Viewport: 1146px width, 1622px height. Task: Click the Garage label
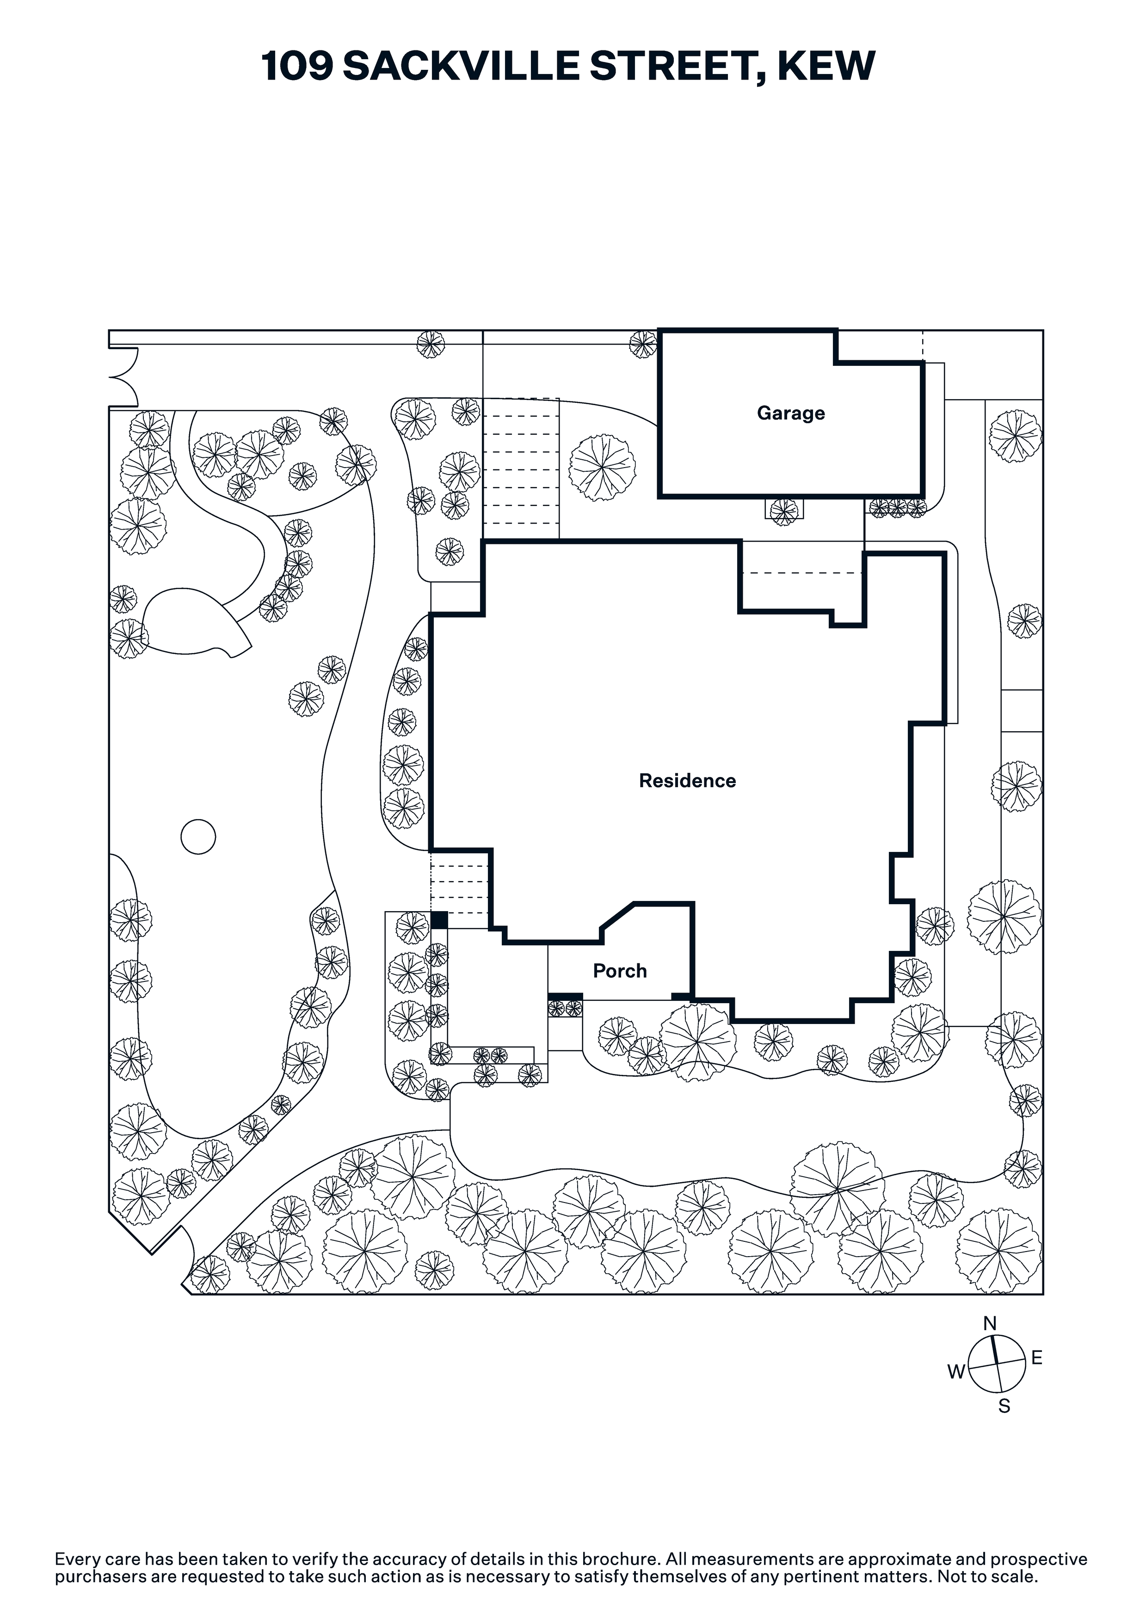tap(791, 413)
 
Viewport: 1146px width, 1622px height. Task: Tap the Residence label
tap(687, 781)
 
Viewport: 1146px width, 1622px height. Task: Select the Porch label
tap(620, 971)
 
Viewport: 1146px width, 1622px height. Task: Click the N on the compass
tap(990, 1323)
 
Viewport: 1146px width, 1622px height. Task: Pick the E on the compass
tap(1036, 1357)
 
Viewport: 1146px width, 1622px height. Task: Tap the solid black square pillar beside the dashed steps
tap(439, 920)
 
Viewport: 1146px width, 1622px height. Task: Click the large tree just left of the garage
tap(602, 468)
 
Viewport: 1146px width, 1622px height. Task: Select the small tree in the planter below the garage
tap(783, 510)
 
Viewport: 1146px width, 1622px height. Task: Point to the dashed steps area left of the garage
tap(521, 469)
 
